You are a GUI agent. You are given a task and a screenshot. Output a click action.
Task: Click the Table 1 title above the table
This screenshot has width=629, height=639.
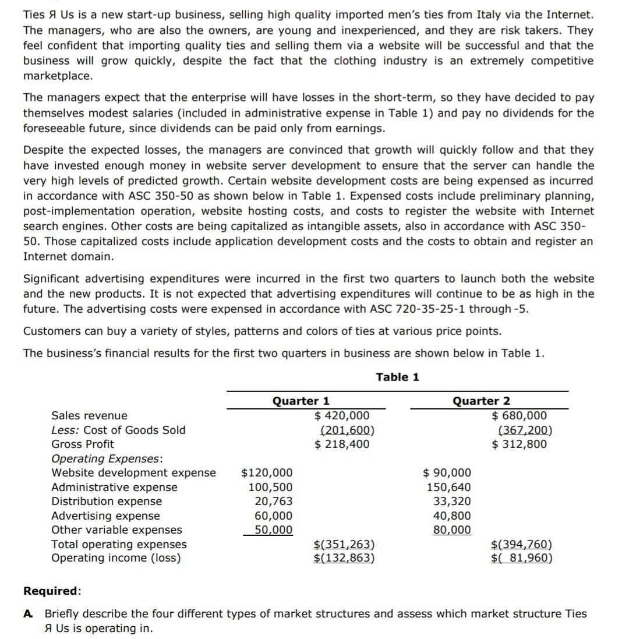tap(397, 377)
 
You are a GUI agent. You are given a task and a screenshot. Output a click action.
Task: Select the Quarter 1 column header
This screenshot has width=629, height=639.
tap(301, 401)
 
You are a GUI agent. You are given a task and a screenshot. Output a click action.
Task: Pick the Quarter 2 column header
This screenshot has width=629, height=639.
tap(481, 401)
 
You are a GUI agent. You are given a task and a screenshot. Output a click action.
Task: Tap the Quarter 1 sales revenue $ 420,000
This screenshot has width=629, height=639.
tap(342, 415)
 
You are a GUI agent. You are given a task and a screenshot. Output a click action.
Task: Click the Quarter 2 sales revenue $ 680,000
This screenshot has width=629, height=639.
tap(520, 415)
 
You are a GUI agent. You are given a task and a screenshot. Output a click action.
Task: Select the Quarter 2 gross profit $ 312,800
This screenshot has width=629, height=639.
tap(520, 444)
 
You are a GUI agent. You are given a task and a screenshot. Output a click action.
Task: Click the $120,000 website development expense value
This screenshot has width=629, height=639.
tap(267, 473)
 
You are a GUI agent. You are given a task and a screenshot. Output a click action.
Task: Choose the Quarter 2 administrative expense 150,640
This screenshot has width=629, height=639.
tap(449, 487)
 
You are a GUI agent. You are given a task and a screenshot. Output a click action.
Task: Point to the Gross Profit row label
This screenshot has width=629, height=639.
tap(83, 444)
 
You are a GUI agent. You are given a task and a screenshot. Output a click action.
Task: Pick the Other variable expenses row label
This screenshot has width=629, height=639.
tap(116, 529)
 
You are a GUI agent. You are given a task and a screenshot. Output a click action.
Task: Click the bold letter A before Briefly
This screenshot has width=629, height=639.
tap(27, 613)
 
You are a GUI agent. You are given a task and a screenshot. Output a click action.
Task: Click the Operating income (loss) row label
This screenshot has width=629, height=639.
tap(116, 558)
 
